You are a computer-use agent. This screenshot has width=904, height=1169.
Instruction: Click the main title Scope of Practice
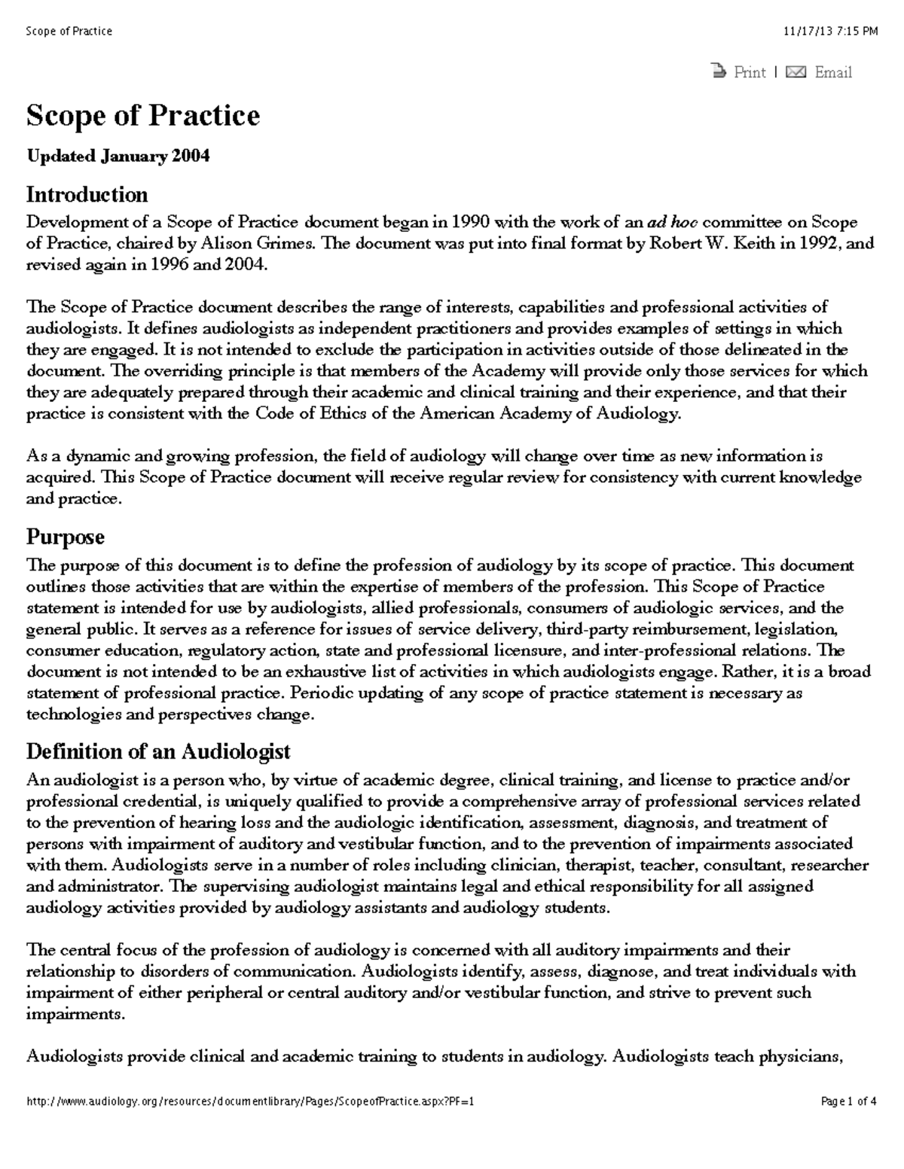click(x=143, y=116)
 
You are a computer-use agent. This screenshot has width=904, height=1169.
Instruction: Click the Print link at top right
click(x=749, y=72)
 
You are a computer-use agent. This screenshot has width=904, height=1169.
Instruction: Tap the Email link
click(x=833, y=72)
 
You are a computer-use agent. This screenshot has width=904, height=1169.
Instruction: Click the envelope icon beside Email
click(x=796, y=72)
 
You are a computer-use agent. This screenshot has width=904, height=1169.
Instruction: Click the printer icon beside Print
click(x=719, y=72)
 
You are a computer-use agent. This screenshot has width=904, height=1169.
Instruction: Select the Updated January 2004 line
click(x=118, y=157)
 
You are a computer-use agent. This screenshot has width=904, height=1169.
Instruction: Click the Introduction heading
click(x=87, y=195)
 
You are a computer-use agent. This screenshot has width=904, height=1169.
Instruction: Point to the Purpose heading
click(x=66, y=537)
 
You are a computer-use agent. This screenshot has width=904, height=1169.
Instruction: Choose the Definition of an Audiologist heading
click(x=158, y=751)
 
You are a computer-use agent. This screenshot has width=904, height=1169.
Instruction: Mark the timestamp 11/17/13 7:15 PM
click(x=830, y=31)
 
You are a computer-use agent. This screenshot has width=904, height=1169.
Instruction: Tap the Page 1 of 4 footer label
click(x=848, y=1101)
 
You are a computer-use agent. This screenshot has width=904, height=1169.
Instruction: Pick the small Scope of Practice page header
click(x=69, y=31)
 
